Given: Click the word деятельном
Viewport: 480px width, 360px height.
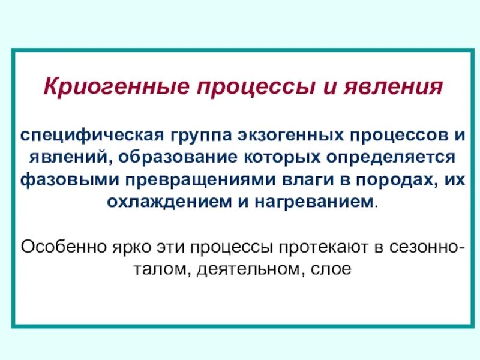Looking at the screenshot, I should coord(246,268).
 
